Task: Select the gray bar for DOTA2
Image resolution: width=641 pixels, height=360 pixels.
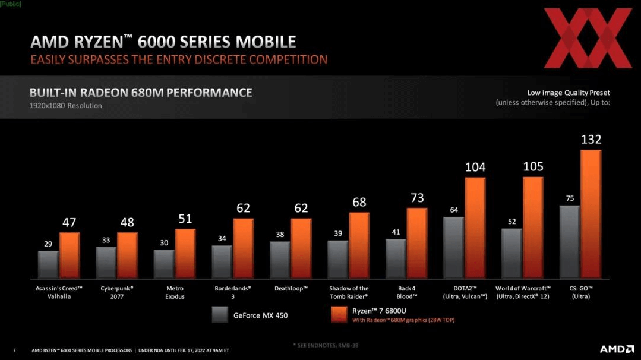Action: coord(453,248)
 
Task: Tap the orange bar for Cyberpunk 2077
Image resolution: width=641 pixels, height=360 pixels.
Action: coord(127,255)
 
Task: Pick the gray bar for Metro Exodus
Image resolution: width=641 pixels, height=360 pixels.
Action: coord(164,264)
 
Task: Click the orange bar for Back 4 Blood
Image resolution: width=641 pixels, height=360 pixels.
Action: coord(417,244)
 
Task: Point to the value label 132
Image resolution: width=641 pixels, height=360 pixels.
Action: coord(591,140)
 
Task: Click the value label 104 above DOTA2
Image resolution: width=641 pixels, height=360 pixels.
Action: coord(475,168)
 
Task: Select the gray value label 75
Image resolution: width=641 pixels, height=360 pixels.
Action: coord(570,198)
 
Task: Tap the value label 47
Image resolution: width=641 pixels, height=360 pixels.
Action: coord(70,223)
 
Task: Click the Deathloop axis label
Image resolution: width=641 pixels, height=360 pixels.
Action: coord(291,289)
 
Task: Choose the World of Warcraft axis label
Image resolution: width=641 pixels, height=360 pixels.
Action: coord(523,292)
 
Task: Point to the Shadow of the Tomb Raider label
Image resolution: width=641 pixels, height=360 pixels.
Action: coord(349,292)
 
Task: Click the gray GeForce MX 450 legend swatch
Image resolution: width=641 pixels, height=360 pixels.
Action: coord(220,315)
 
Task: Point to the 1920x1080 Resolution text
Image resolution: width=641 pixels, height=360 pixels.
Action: coord(66,106)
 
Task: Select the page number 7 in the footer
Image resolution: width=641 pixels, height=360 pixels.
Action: coord(14,350)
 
